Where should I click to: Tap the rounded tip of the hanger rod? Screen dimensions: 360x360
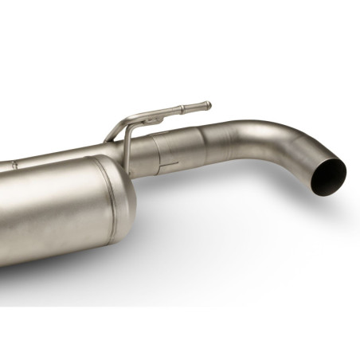209,104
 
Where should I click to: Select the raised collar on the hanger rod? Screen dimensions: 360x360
182,109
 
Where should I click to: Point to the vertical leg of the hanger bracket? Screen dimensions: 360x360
125,143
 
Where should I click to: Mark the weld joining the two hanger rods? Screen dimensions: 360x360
151,118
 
